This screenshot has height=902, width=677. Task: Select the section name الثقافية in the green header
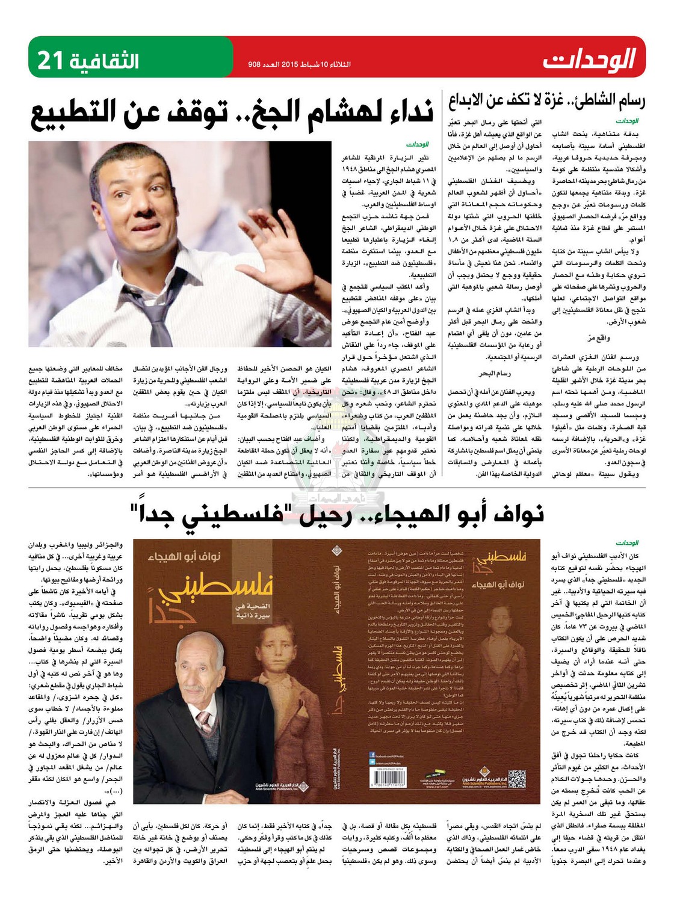104,61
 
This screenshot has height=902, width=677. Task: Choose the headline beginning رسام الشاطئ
546,101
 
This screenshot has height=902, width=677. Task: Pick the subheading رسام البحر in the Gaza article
495,373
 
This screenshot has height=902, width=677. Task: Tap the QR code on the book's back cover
516,778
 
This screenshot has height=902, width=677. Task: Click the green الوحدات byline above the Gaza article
626,121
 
